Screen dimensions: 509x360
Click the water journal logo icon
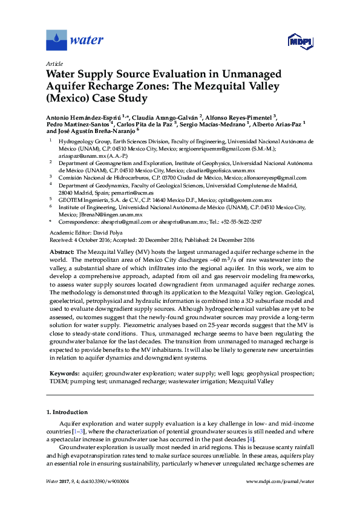[x=56, y=41]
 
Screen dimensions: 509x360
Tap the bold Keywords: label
[x=64, y=374]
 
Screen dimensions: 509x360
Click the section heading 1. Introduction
[x=68, y=412]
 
